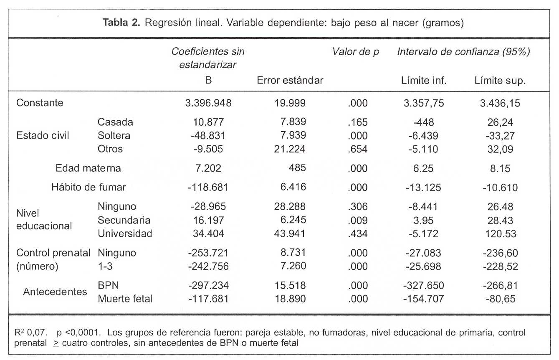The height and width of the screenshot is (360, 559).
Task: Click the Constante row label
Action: [x=40, y=103]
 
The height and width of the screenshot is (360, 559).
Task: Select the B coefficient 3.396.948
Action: [x=208, y=103]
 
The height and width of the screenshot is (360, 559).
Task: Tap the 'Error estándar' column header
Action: [x=290, y=81]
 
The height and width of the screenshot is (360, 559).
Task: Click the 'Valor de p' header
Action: [x=355, y=52]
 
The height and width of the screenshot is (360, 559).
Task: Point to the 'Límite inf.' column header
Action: [x=423, y=81]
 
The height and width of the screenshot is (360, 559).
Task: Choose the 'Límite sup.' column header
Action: [x=500, y=81]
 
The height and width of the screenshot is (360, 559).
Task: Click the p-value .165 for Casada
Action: [x=357, y=122]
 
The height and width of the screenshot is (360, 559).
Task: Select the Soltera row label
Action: [x=114, y=136]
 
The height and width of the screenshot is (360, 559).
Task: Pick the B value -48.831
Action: [x=207, y=136]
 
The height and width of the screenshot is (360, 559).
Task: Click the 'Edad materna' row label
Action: [x=88, y=168]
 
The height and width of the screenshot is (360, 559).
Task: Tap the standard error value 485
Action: [x=297, y=168]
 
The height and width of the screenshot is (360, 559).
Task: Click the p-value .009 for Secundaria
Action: [x=357, y=220]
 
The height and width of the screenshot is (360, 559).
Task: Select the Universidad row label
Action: [x=125, y=233]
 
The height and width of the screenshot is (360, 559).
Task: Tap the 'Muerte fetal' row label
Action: [x=125, y=299]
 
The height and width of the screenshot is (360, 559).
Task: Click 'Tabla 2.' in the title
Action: [x=121, y=23]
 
